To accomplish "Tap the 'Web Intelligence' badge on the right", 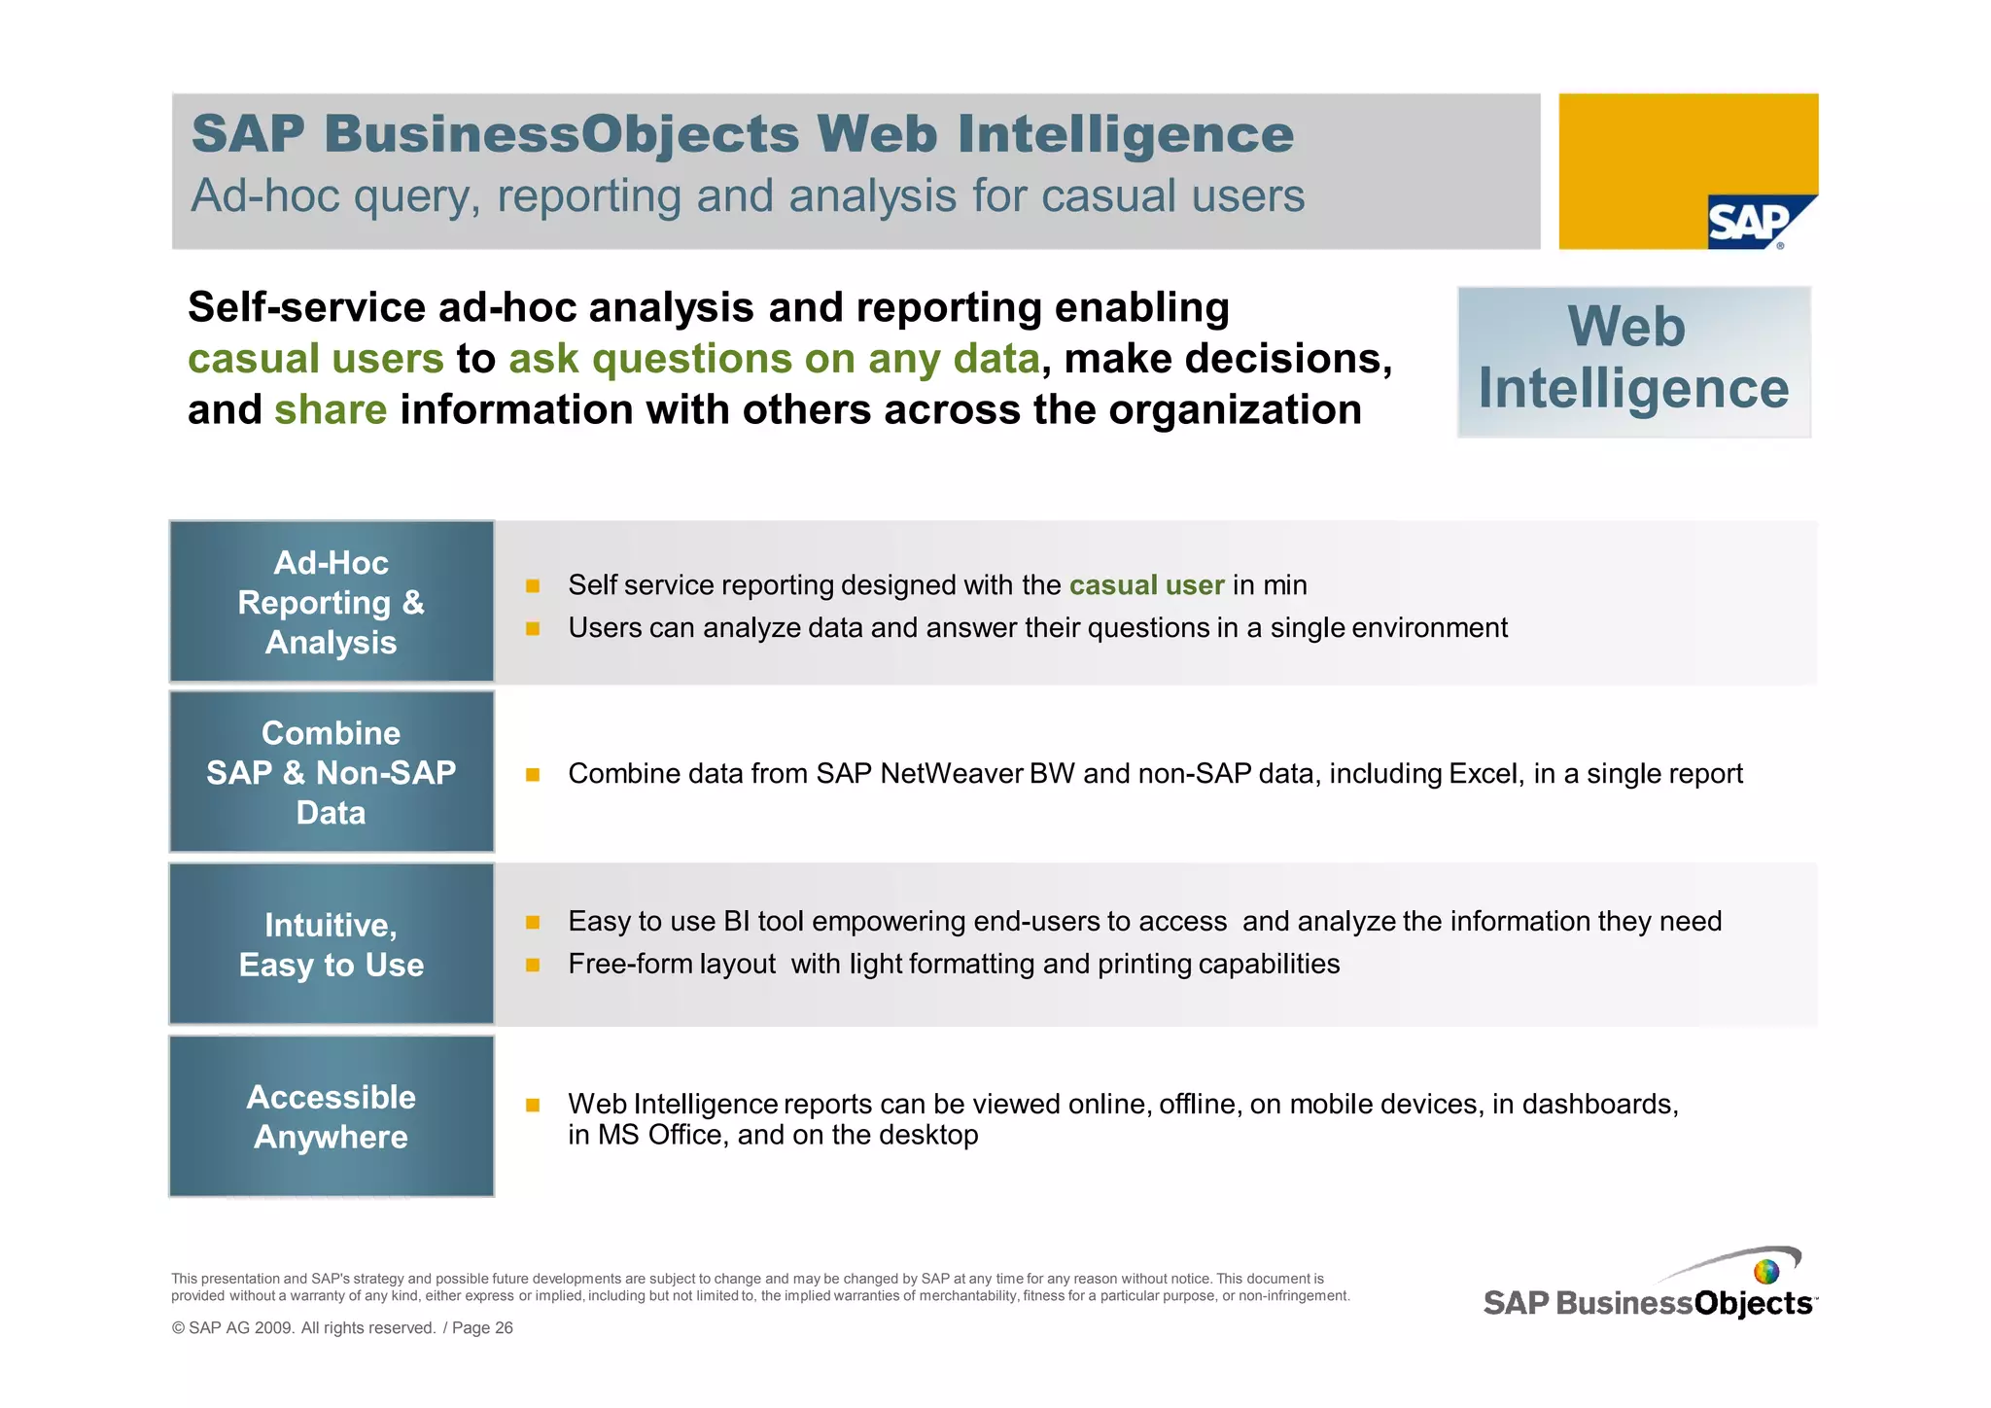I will [x=1633, y=361].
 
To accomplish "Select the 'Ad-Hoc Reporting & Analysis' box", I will [x=332, y=602].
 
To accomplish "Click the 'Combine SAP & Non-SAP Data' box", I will [x=332, y=772].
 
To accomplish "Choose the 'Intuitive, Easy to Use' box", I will [x=332, y=944].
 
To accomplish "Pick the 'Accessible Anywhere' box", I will [x=332, y=1116].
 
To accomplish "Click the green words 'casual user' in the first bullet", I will [x=1146, y=585].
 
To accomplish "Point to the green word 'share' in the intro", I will [x=331, y=410].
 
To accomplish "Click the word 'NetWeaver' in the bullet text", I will [x=951, y=774].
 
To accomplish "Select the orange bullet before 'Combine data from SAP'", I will [x=533, y=775].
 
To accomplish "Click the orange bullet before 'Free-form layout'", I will [x=533, y=965].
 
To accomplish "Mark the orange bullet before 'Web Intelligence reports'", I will [x=533, y=1105].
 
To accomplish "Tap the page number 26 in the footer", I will [x=503, y=1328].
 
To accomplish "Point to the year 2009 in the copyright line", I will [x=274, y=1328].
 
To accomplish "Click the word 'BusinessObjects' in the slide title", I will [x=563, y=134].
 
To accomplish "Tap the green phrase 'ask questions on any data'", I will [x=774, y=359].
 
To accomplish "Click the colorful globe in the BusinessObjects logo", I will [x=1766, y=1271].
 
